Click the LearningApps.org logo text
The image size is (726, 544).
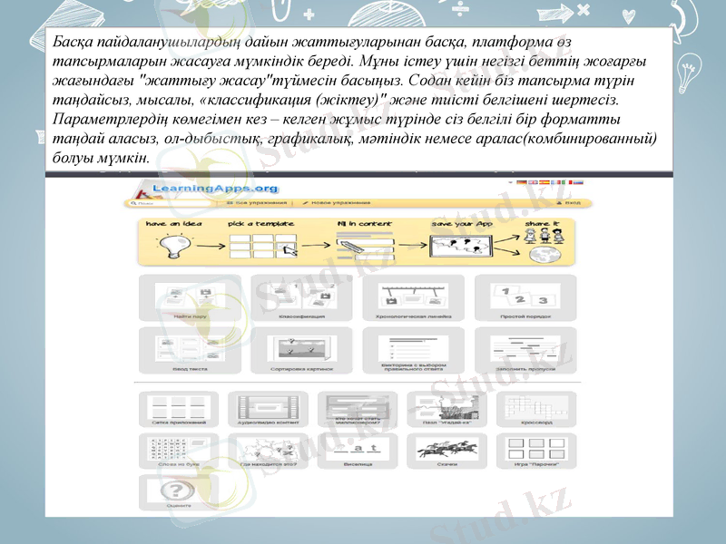click(x=201, y=188)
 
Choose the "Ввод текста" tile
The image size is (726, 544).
click(x=190, y=350)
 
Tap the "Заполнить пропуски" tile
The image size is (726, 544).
click(x=525, y=350)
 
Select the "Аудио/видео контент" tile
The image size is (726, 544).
click(x=267, y=409)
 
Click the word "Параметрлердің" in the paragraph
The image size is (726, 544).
click(x=103, y=120)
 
